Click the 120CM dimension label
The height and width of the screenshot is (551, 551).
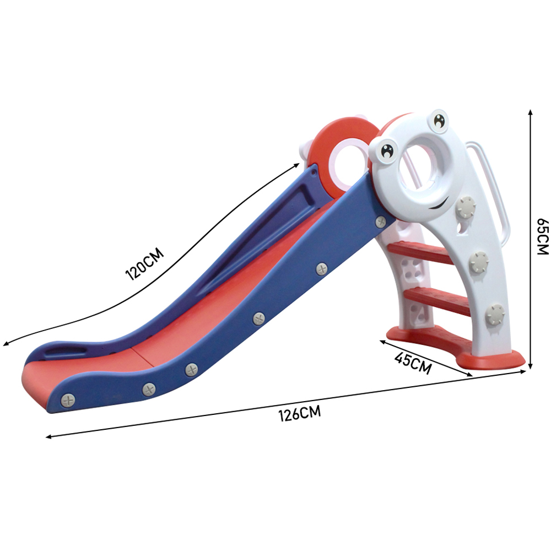pyautogui.click(x=144, y=263)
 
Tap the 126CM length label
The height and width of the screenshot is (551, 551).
pyautogui.click(x=300, y=413)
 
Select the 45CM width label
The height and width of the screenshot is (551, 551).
pyautogui.click(x=413, y=363)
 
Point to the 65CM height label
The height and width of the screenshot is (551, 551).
pyautogui.click(x=543, y=236)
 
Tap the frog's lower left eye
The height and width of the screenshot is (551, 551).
pyautogui.click(x=388, y=151)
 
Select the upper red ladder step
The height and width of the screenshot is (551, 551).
pyautogui.click(x=420, y=252)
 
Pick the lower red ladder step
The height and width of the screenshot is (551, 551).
pyautogui.click(x=437, y=300)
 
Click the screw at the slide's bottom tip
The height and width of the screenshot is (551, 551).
pyautogui.click(x=68, y=401)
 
